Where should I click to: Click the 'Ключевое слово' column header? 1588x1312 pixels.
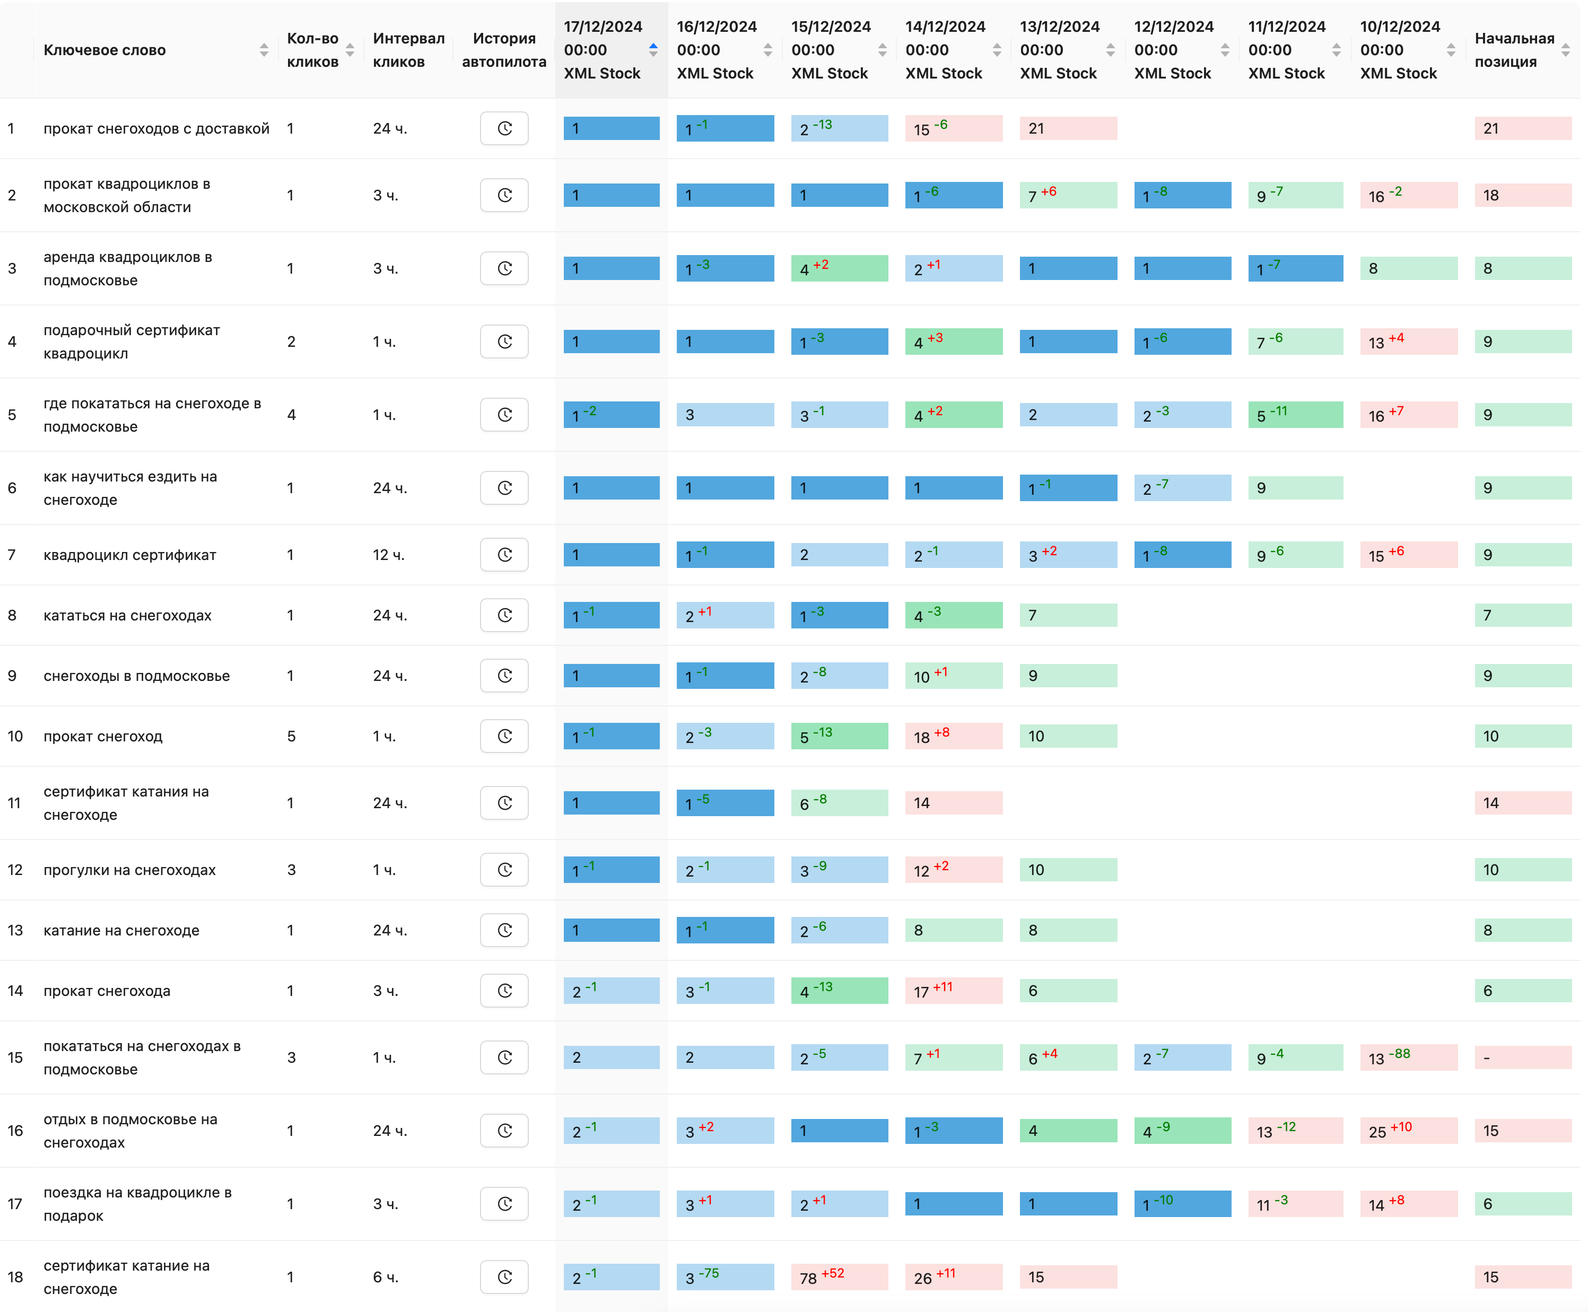tap(104, 50)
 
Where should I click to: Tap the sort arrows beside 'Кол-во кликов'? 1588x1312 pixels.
tap(350, 50)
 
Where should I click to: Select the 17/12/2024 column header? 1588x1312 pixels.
tap(603, 50)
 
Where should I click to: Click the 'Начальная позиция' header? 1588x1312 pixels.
tap(1514, 50)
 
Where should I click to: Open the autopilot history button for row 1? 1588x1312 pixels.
tap(504, 128)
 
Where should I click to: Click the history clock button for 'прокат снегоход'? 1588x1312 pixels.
tap(504, 736)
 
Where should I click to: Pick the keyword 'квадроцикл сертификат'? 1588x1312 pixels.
tap(130, 555)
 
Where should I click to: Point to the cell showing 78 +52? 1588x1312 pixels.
tap(839, 1277)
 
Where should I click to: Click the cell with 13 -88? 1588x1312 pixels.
tap(1408, 1057)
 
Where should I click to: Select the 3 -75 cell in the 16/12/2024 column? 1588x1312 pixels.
tap(725, 1277)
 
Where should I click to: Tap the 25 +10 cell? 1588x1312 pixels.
tap(1408, 1131)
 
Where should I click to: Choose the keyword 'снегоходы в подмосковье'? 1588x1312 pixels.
tap(137, 676)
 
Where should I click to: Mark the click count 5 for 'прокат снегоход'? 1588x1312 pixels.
tap(291, 736)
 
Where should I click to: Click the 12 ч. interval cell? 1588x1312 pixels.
tap(388, 555)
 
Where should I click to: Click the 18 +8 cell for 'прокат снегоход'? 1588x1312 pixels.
tap(953, 736)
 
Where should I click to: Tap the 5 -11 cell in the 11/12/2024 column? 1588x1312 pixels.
tap(1295, 415)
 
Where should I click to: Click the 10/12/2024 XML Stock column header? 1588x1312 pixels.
tap(1399, 50)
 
